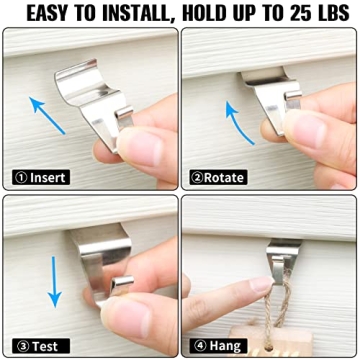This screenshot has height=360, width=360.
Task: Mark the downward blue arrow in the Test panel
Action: (56, 281)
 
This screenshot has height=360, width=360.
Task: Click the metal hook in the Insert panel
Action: (95, 95)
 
